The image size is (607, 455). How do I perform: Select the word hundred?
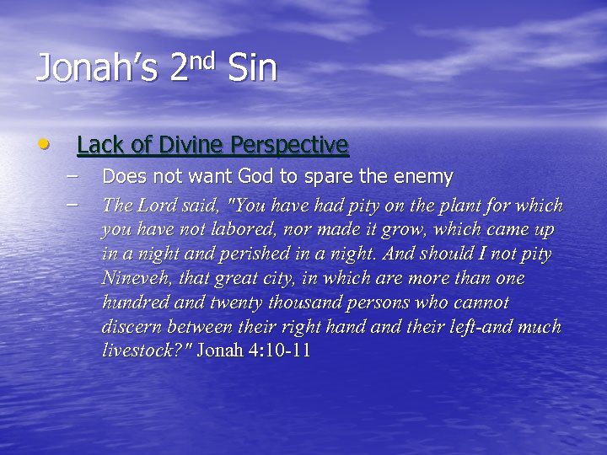click(x=133, y=302)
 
